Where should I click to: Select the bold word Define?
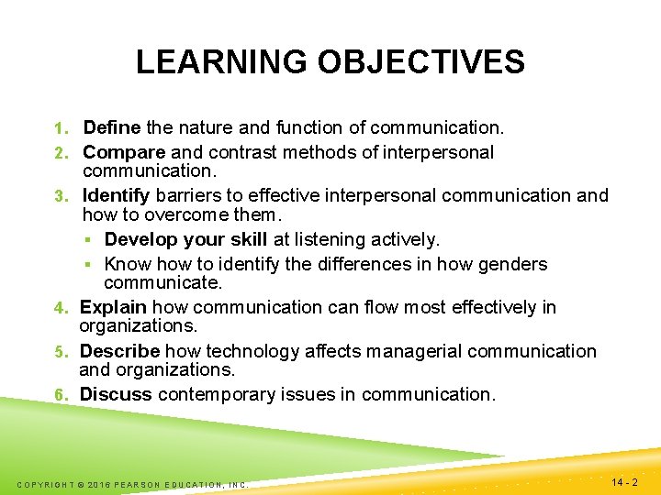click(111, 127)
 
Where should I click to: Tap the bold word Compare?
click(124, 152)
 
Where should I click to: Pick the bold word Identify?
click(117, 195)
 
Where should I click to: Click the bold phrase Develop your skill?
click(185, 239)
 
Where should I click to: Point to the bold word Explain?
click(114, 307)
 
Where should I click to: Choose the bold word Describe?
click(119, 351)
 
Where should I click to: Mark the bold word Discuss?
click(116, 394)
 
